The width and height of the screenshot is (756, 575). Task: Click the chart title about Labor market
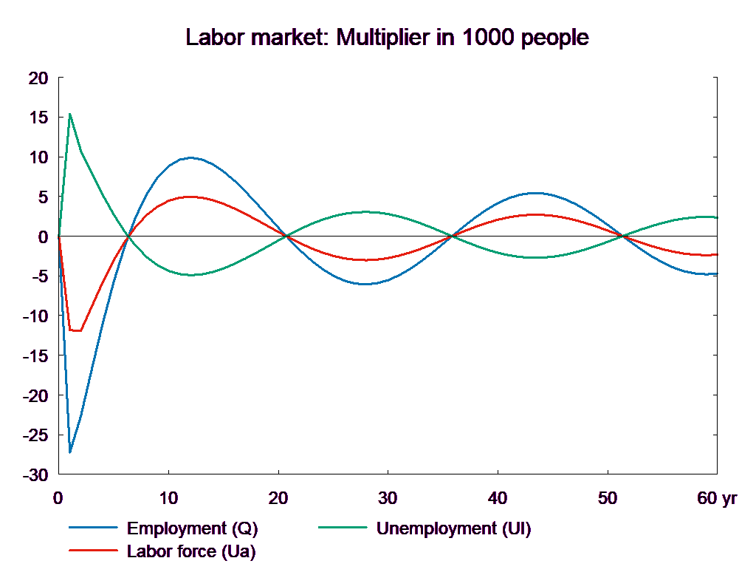click(x=387, y=38)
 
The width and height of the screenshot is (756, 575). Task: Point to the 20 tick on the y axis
click(x=38, y=78)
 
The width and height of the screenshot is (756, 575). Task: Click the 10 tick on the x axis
click(x=168, y=498)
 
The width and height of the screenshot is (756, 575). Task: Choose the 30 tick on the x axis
click(x=388, y=498)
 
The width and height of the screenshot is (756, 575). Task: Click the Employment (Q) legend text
click(x=193, y=528)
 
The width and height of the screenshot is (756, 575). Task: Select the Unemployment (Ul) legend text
click(x=453, y=528)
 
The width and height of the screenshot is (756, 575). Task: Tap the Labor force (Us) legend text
click(x=191, y=551)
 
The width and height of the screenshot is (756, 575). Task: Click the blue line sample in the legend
click(x=94, y=528)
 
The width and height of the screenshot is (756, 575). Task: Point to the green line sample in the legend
click(x=343, y=528)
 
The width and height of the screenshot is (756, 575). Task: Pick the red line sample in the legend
click(x=94, y=551)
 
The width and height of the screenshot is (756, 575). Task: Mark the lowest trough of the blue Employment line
click(x=70, y=452)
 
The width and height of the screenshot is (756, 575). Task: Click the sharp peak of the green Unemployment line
click(x=69, y=114)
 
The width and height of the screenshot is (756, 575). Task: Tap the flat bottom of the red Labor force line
click(x=75, y=330)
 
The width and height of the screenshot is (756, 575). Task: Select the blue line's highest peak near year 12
click(x=190, y=157)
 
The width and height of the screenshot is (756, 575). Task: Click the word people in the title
click(x=555, y=38)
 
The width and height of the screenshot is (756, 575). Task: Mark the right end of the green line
click(x=718, y=217)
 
